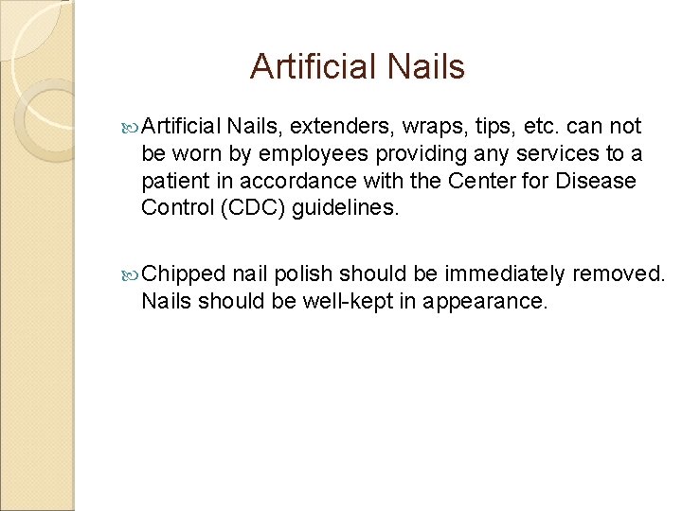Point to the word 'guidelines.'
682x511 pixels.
pos(346,207)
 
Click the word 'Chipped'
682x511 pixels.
pos(184,274)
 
